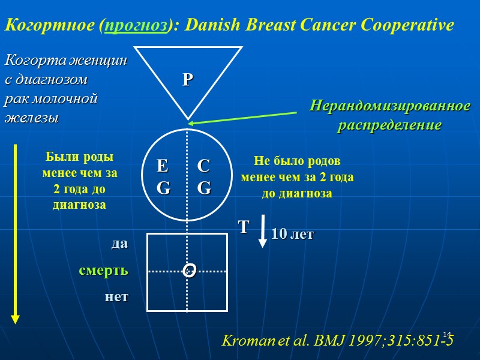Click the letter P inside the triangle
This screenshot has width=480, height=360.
point(188,79)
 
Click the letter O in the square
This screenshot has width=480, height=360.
point(190,272)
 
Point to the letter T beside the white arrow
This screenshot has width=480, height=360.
point(244,227)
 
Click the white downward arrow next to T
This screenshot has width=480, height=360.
point(263,232)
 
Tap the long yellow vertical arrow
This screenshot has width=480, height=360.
point(15,234)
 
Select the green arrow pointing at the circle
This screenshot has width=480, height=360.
point(243,118)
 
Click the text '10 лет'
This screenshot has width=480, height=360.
point(292,235)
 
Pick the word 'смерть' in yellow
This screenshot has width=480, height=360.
point(104,271)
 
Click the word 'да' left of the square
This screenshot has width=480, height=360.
point(119,244)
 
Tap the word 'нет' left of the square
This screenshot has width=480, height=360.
point(116,296)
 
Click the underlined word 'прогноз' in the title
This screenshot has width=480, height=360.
point(135,26)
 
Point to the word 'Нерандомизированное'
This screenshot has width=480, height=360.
point(390,106)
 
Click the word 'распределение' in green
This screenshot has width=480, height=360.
point(390,126)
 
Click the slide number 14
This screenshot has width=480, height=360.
point(446,334)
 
